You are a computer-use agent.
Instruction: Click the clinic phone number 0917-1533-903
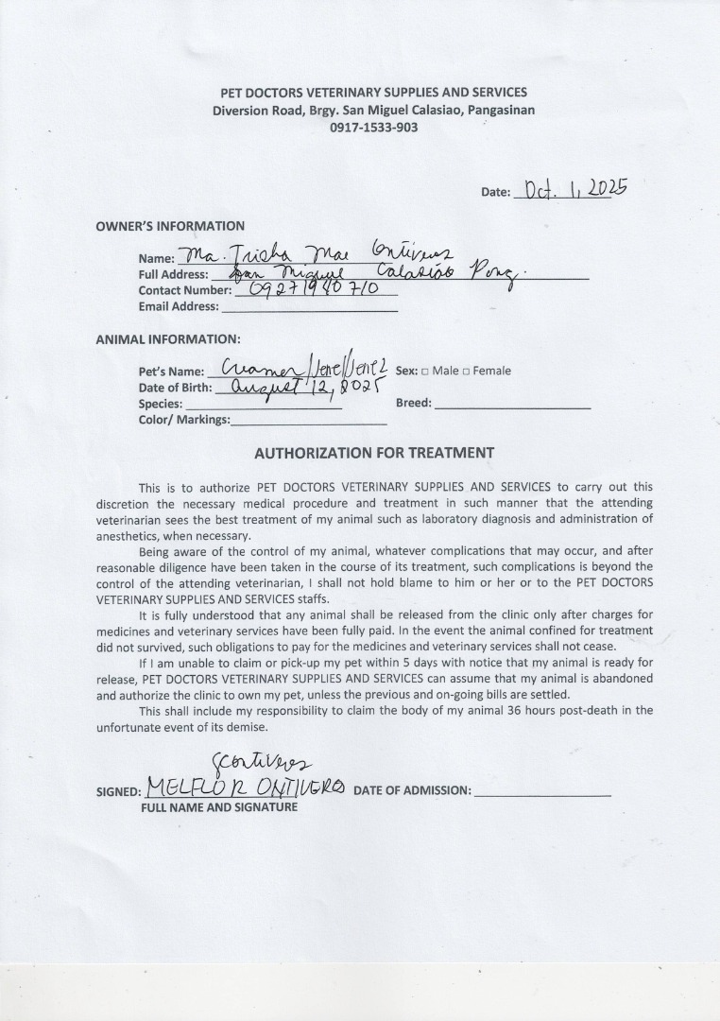(x=373, y=128)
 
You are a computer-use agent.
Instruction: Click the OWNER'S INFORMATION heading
(x=170, y=226)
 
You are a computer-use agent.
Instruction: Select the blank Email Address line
(x=308, y=306)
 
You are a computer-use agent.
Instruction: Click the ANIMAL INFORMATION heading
(x=168, y=338)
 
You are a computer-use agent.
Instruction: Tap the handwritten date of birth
(x=298, y=388)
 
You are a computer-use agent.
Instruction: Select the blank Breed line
(x=512, y=404)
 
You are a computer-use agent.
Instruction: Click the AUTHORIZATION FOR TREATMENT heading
(x=374, y=453)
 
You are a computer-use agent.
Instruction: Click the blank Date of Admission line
(x=542, y=791)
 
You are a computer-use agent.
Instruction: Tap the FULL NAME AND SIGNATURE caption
(x=219, y=807)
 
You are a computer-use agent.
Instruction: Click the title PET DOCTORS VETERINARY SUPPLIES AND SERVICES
(x=373, y=93)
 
